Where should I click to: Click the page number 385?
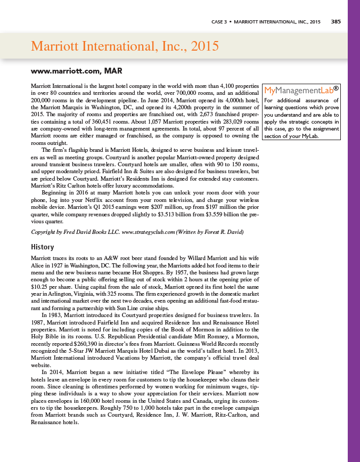pos(336,22)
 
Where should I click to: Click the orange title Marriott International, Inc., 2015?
pos(125,46)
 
